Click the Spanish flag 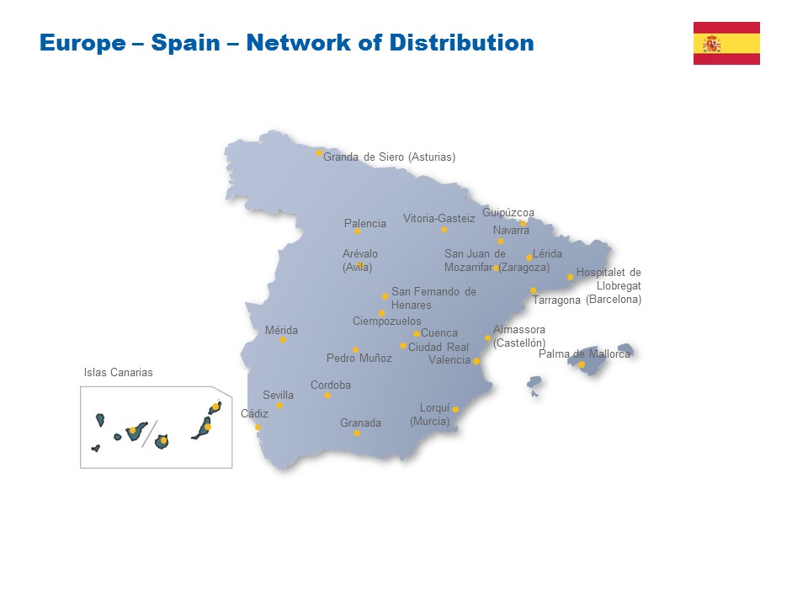coord(726,43)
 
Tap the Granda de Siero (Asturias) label coord(389,157)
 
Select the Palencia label coord(365,223)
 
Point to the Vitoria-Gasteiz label coord(439,218)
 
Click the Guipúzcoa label coord(508,212)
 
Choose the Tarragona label coord(556,300)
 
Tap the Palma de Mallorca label coord(584,354)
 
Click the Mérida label coord(281,330)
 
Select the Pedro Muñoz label coord(359,358)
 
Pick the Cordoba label coord(331,385)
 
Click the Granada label coord(360,423)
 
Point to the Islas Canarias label coord(119,372)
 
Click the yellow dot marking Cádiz coord(258,428)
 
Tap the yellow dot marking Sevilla coord(279,406)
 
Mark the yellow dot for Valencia coord(476,361)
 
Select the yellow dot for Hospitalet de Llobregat coord(570,277)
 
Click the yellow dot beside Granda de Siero coord(319,153)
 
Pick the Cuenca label coord(439,333)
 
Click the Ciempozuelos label coord(386,321)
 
